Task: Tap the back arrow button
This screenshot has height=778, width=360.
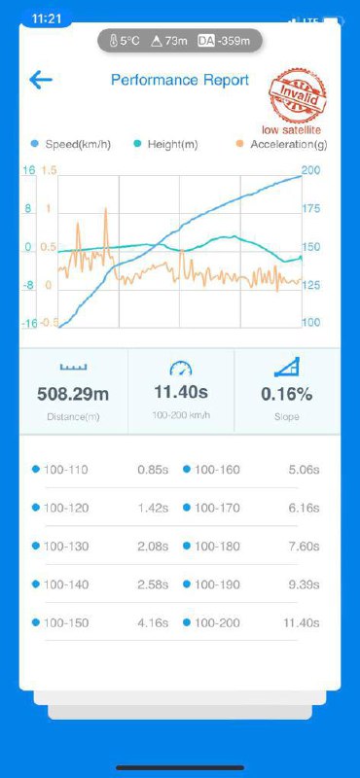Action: (x=41, y=80)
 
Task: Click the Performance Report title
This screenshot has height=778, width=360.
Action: (x=180, y=80)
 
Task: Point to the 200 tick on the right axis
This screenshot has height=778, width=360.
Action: (x=310, y=171)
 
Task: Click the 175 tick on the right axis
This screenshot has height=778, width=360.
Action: (x=310, y=209)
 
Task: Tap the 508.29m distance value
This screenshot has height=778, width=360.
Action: (x=73, y=394)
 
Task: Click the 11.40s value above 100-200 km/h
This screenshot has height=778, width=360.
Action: (x=180, y=392)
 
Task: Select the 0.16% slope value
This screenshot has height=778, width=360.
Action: (x=286, y=394)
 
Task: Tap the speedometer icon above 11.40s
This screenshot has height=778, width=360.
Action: (x=180, y=368)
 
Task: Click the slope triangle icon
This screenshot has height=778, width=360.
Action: (x=286, y=367)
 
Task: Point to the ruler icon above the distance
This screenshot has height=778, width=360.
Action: (x=73, y=367)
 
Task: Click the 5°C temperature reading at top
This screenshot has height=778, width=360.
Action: (x=125, y=41)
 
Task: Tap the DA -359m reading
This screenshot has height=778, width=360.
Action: (x=231, y=41)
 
